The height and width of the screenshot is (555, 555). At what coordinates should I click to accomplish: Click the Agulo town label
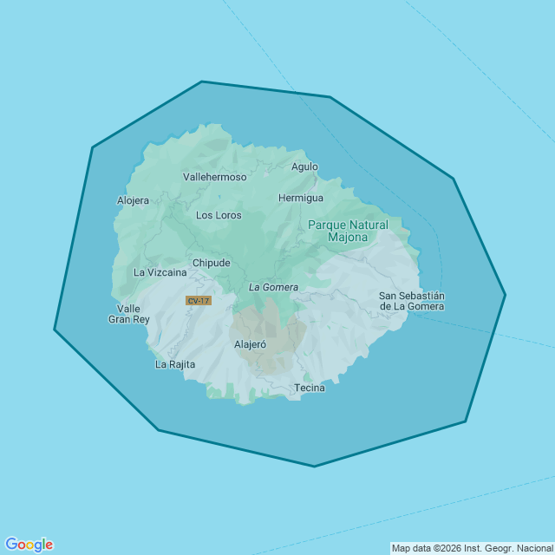pyautogui.click(x=304, y=166)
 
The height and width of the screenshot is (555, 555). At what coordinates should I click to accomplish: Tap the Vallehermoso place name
pyautogui.click(x=215, y=177)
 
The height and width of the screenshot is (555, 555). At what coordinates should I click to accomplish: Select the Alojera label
pyautogui.click(x=133, y=200)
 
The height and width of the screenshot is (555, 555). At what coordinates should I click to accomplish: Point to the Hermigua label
pyautogui.click(x=301, y=198)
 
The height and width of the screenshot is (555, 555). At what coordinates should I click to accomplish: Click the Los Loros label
pyautogui.click(x=219, y=215)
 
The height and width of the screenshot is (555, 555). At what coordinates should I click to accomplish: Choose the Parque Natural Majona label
pyautogui.click(x=348, y=231)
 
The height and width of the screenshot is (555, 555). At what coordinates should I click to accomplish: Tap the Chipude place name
pyautogui.click(x=212, y=263)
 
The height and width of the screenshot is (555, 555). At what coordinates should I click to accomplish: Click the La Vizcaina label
pyautogui.click(x=160, y=272)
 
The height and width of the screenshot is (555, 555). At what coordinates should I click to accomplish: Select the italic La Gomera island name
pyautogui.click(x=273, y=287)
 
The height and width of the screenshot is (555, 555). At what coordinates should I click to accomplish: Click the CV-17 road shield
pyautogui.click(x=198, y=301)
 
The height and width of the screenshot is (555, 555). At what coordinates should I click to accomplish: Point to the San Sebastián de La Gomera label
pyautogui.click(x=412, y=301)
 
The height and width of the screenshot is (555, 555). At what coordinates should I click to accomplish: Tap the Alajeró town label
pyautogui.click(x=251, y=344)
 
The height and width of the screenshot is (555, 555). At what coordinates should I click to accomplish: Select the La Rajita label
pyautogui.click(x=174, y=364)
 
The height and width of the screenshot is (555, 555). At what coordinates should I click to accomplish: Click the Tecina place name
pyautogui.click(x=310, y=388)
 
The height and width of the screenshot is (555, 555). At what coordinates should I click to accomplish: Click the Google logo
pyautogui.click(x=29, y=545)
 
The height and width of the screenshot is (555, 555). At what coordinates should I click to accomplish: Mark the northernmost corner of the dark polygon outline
pyautogui.click(x=202, y=82)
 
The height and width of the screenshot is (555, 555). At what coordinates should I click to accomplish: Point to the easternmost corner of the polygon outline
pyautogui.click(x=505, y=295)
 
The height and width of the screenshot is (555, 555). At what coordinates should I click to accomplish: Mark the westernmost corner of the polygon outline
pyautogui.click(x=55, y=330)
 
